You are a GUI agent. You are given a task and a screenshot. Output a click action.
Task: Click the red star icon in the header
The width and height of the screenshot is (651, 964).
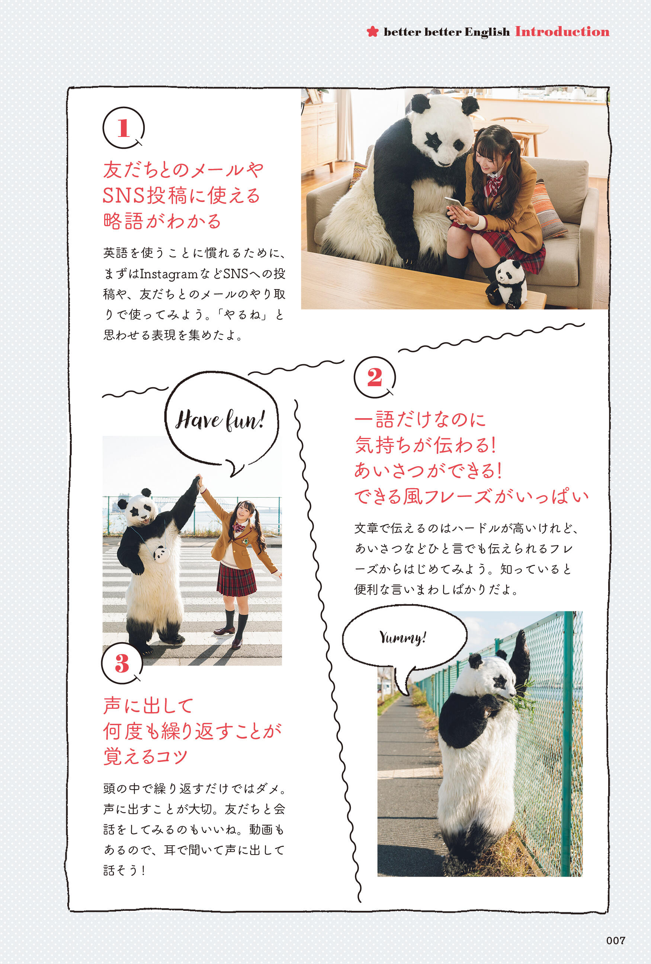(x=373, y=32)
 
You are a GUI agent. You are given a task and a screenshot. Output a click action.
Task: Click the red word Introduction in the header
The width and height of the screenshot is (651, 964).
(x=562, y=32)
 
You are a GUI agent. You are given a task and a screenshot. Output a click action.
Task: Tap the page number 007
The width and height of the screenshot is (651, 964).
(x=615, y=940)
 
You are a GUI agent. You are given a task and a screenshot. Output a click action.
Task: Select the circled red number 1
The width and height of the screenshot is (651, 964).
(x=123, y=128)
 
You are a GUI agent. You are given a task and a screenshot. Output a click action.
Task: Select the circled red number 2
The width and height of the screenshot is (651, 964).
(x=375, y=377)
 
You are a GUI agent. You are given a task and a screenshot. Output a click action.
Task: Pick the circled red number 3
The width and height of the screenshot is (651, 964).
(x=122, y=663)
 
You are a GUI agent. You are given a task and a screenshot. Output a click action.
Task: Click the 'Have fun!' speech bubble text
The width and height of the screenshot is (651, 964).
(x=220, y=420)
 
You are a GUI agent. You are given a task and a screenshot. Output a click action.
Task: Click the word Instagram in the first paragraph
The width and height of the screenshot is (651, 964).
(x=169, y=274)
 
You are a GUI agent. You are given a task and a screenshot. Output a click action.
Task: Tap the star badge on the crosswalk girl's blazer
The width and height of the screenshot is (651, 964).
(x=246, y=541)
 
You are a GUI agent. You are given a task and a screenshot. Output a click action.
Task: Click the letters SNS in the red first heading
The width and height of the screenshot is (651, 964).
(x=124, y=196)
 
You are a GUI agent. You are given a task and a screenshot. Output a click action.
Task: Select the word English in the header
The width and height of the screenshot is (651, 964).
(x=487, y=32)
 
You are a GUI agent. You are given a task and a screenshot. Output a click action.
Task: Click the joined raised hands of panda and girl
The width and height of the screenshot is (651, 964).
(x=199, y=481)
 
